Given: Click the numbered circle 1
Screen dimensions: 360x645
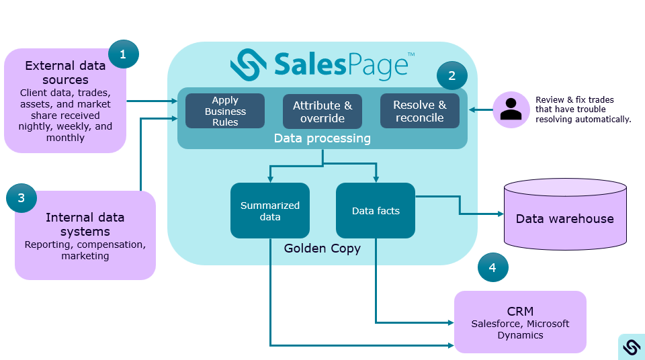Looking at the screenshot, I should pos(123,54).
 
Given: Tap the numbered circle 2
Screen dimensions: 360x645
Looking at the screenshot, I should pos(451,75).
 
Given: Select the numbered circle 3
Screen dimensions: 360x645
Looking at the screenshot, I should pos(21,198).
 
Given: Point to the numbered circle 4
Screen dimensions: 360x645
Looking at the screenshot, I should pos(492,267).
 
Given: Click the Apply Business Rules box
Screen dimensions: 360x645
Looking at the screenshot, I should pos(225,111).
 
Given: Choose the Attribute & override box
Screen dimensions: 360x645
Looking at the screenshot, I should pos(322,111).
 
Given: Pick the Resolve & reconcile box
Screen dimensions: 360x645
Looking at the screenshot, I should pos(419,111).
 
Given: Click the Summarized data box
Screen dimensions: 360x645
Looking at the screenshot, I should pos(270,211).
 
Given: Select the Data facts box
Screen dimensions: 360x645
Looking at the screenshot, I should pos(376,211).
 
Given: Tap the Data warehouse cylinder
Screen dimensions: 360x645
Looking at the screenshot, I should pos(564,213).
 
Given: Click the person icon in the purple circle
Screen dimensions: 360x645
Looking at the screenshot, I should pos(511,109).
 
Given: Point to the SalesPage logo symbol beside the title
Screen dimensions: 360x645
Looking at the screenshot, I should pos(249,64).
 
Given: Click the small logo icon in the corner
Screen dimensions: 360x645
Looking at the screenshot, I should pos(631,347).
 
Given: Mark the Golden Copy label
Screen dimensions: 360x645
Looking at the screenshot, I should pos(322,249).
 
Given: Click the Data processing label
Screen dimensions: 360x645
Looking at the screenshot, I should pos(322,138).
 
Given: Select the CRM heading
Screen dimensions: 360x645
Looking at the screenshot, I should pos(520,311).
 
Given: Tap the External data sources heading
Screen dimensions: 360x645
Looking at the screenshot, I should pos(65,73).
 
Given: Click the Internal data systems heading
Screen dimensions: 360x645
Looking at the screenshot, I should pos(85,224).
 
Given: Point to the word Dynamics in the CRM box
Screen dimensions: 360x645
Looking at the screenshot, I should pos(520,335).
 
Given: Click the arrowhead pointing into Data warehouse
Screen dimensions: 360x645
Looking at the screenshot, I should pos(501,214).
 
